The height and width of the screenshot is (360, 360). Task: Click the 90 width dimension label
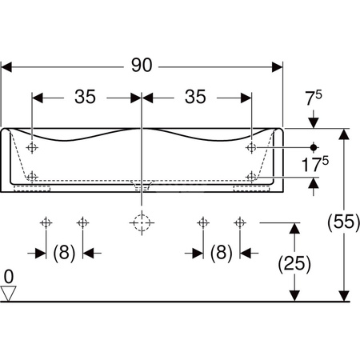[x=142, y=66]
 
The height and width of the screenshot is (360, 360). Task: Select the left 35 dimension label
[x=85, y=97]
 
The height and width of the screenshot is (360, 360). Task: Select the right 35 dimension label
[x=195, y=97]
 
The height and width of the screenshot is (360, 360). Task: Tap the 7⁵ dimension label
[x=314, y=98]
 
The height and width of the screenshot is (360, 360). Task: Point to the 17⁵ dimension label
[x=315, y=164]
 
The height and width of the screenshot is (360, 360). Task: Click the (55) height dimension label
[x=344, y=222]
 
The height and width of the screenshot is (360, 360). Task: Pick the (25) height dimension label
[x=294, y=264]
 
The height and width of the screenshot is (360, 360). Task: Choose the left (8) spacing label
[x=64, y=252]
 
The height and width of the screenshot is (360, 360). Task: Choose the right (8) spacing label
[x=222, y=252]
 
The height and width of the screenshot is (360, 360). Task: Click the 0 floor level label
[x=9, y=277]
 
